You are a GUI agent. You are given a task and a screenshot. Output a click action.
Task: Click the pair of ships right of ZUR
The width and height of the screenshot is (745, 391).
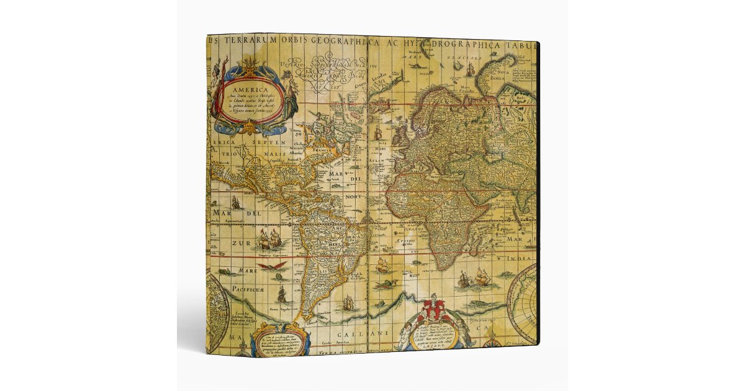click(x=269, y=238)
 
